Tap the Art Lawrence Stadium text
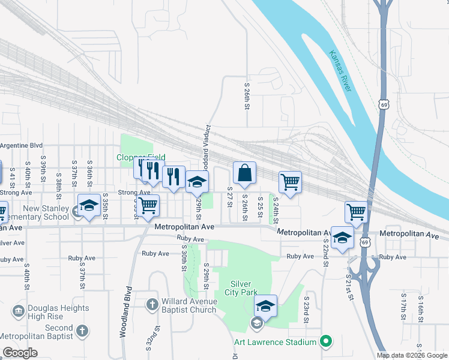pyautogui.click(x=275, y=342)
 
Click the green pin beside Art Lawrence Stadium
pyautogui.click(x=326, y=341)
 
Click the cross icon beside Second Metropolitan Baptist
pyautogui.click(x=82, y=331)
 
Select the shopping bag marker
pyautogui.click(x=244, y=174)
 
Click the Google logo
pyautogui.click(x=20, y=353)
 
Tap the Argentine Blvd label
pyautogui.click(x=22, y=145)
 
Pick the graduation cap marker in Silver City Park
pyautogui.click(x=265, y=307)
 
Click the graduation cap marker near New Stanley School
pyautogui.click(x=89, y=206)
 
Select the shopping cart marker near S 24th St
pyautogui.click(x=290, y=182)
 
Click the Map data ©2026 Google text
pyautogui.click(x=412, y=355)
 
